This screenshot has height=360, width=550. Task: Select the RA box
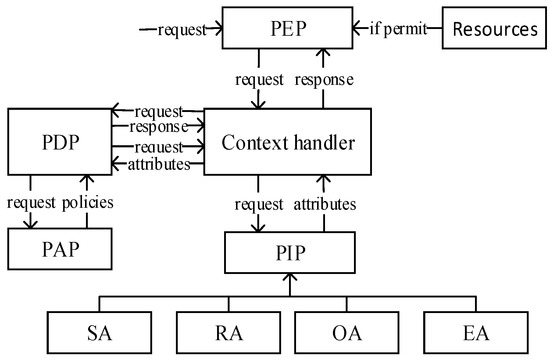coord(221,331)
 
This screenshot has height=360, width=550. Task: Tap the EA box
coord(468,331)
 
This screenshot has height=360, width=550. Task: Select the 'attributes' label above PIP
coord(324,204)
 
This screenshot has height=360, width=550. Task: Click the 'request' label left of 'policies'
coord(36,203)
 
